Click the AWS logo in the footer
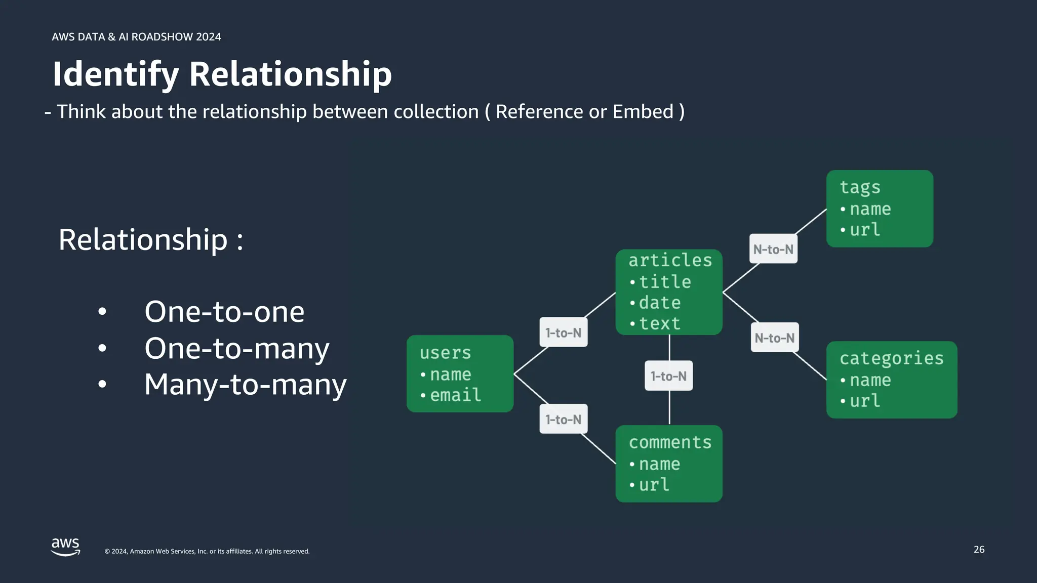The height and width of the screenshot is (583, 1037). tap(65, 547)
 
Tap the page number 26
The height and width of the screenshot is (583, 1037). tap(979, 550)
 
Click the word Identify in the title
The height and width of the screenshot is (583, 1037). tap(115, 74)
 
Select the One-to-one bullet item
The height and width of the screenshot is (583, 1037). tap(224, 312)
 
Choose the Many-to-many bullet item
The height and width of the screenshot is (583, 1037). tap(245, 385)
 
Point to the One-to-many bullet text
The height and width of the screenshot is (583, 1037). tap(236, 348)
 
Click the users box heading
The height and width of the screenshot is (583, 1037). tap(445, 353)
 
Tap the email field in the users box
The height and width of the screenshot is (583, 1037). tap(455, 395)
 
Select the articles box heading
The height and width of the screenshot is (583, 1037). tap(670, 260)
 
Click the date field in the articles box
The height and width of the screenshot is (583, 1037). tap(659, 303)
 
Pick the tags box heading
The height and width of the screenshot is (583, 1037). tap(860, 187)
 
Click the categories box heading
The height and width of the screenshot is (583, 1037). tap(891, 358)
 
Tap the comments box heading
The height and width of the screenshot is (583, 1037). tap(670, 442)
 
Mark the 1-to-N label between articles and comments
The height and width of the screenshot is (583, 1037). tap(668, 376)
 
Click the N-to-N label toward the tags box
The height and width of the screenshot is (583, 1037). tap(773, 249)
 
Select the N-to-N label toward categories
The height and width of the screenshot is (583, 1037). tap(774, 338)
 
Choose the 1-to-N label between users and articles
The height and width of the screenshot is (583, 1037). tap(563, 332)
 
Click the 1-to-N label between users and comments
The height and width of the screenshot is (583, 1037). tap(563, 419)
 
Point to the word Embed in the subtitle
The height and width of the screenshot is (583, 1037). tap(643, 112)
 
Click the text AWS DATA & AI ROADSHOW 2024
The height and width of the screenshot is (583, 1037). tap(136, 37)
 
